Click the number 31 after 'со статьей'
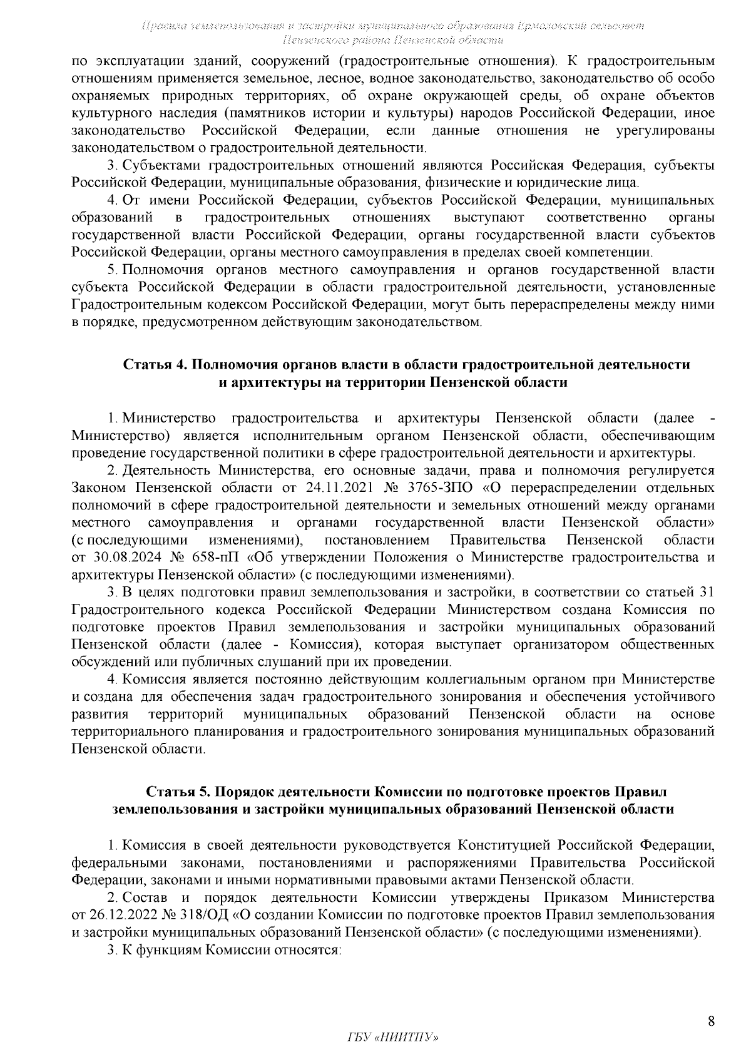pyautogui.click(x=706, y=592)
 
